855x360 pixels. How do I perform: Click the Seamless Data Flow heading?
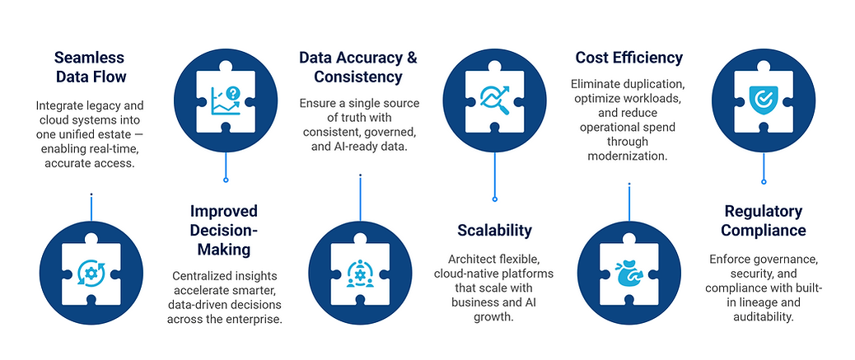pyautogui.click(x=91, y=67)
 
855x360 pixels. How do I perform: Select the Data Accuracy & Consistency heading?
pyautogui.click(x=357, y=67)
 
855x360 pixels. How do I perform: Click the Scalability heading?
pyautogui.click(x=494, y=230)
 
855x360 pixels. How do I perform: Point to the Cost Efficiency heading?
pyautogui.click(x=628, y=58)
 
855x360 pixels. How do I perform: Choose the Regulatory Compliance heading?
pyautogui.click(x=764, y=220)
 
